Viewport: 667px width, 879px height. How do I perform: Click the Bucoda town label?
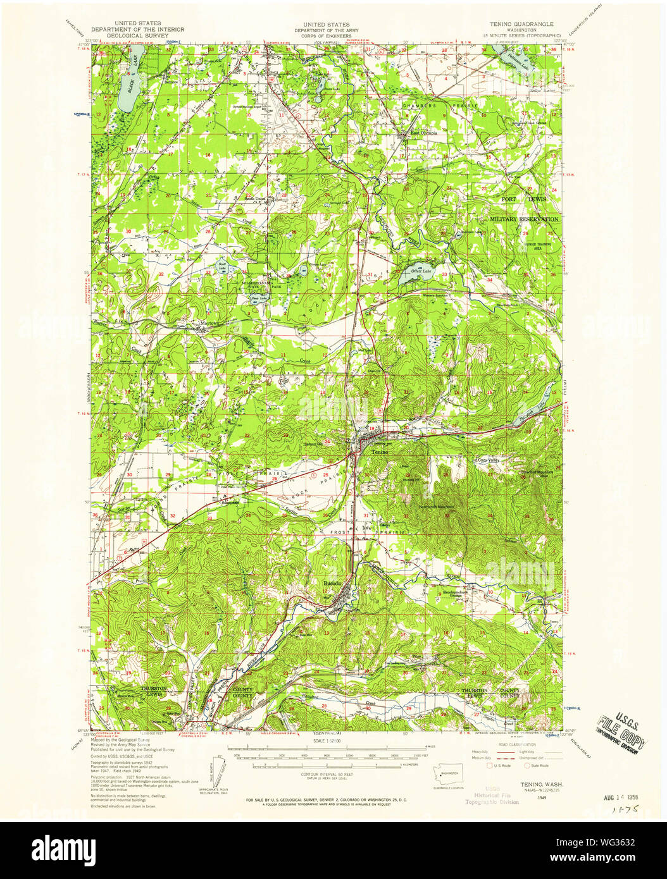point(332,582)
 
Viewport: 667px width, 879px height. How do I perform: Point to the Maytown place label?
point(209,323)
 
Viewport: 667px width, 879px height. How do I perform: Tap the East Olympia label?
point(424,133)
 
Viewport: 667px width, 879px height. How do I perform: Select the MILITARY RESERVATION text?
point(524,219)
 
